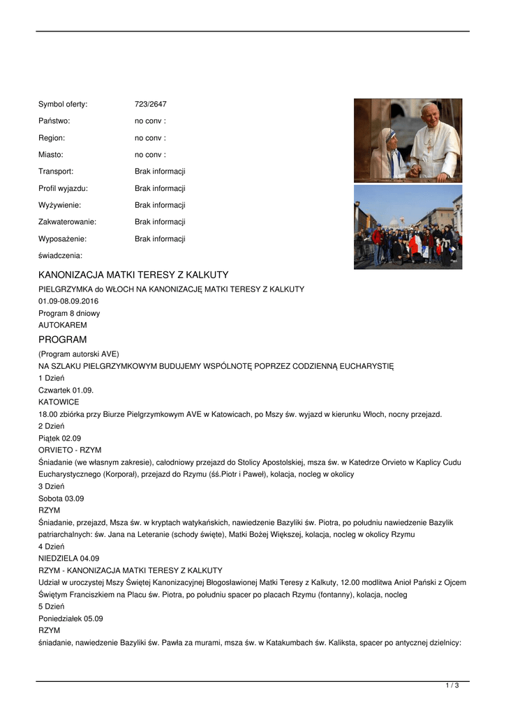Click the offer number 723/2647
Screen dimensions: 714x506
(150, 105)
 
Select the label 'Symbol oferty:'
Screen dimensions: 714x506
(63, 105)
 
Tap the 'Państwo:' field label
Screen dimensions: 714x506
(54, 121)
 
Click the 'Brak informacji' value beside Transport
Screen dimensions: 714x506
(160, 172)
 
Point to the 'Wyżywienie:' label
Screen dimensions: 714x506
(59, 205)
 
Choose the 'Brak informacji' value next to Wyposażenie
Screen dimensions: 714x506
(160, 238)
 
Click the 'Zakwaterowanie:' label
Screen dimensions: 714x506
(67, 222)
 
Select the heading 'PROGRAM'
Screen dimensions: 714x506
(63, 340)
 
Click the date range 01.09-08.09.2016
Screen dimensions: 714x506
(68, 301)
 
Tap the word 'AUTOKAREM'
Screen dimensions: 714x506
(63, 325)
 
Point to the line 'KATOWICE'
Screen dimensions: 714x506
(59, 402)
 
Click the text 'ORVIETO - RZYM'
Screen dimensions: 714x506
(70, 450)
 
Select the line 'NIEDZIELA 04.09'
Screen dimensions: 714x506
(68, 559)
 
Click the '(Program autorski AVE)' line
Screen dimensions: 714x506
(79, 354)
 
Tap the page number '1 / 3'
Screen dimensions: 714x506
(452, 686)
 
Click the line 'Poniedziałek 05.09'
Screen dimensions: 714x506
(70, 618)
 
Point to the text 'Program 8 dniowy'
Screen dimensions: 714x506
(69, 313)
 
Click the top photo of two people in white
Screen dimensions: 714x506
(408, 140)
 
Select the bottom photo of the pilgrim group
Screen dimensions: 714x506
(408, 227)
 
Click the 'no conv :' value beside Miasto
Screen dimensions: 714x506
(150, 155)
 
